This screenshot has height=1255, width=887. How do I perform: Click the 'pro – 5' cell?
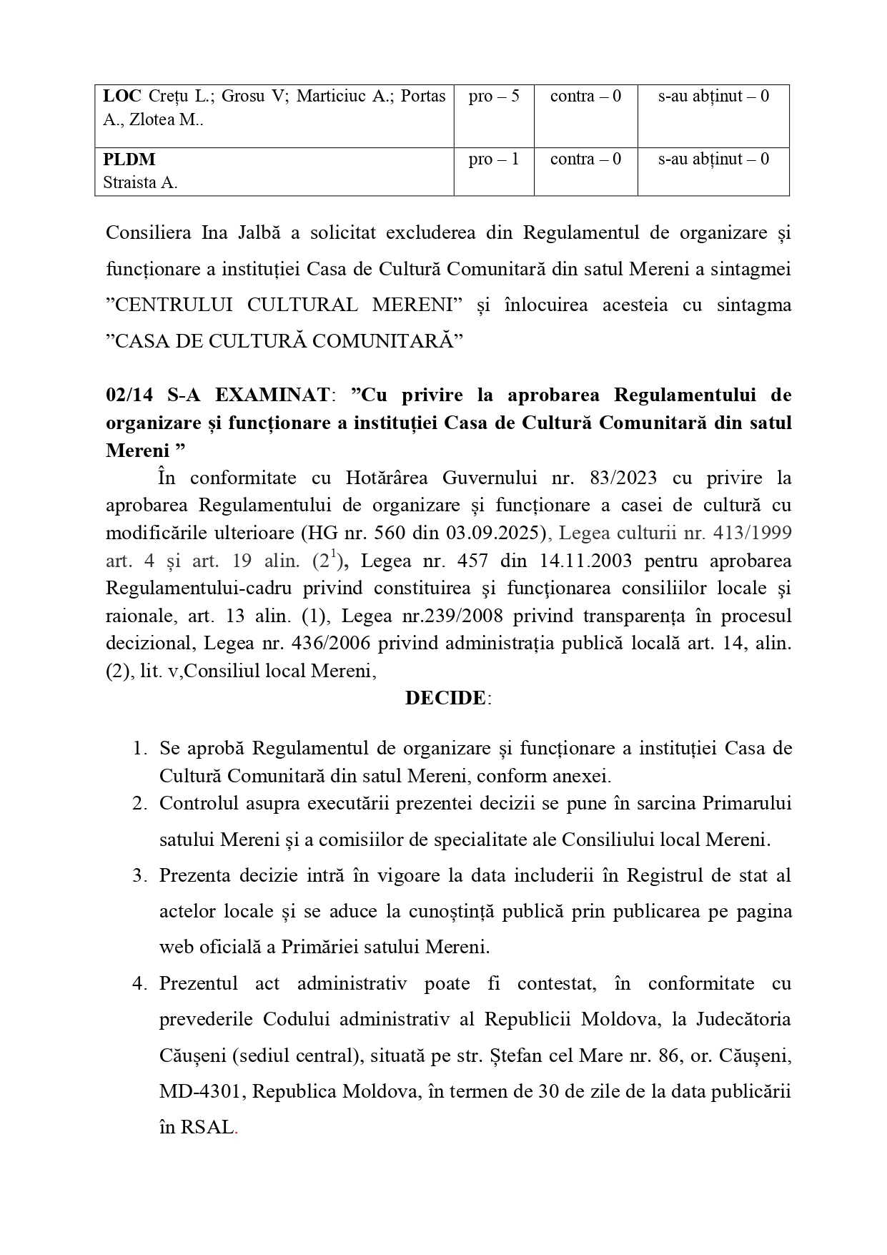[494, 97]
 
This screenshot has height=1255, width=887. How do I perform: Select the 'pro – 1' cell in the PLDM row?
[494, 159]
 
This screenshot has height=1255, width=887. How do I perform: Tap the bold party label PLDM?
[129, 159]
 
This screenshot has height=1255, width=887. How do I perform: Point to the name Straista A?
[140, 182]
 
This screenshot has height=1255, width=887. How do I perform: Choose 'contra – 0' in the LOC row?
[585, 97]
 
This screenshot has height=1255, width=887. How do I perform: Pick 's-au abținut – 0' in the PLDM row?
[713, 159]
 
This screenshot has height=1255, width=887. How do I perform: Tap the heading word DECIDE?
[445, 698]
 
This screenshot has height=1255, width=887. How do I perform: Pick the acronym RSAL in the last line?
[208, 1128]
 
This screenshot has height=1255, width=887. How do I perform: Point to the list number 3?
[139, 875]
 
